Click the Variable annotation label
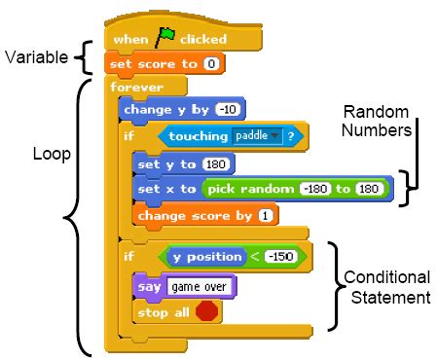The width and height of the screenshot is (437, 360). pos(36,58)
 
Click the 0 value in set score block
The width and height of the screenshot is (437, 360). pos(210,63)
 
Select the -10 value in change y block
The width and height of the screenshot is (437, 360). pos(231,110)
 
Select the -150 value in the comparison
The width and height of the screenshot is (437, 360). pos(279,257)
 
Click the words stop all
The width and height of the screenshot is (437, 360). pos(165,311)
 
